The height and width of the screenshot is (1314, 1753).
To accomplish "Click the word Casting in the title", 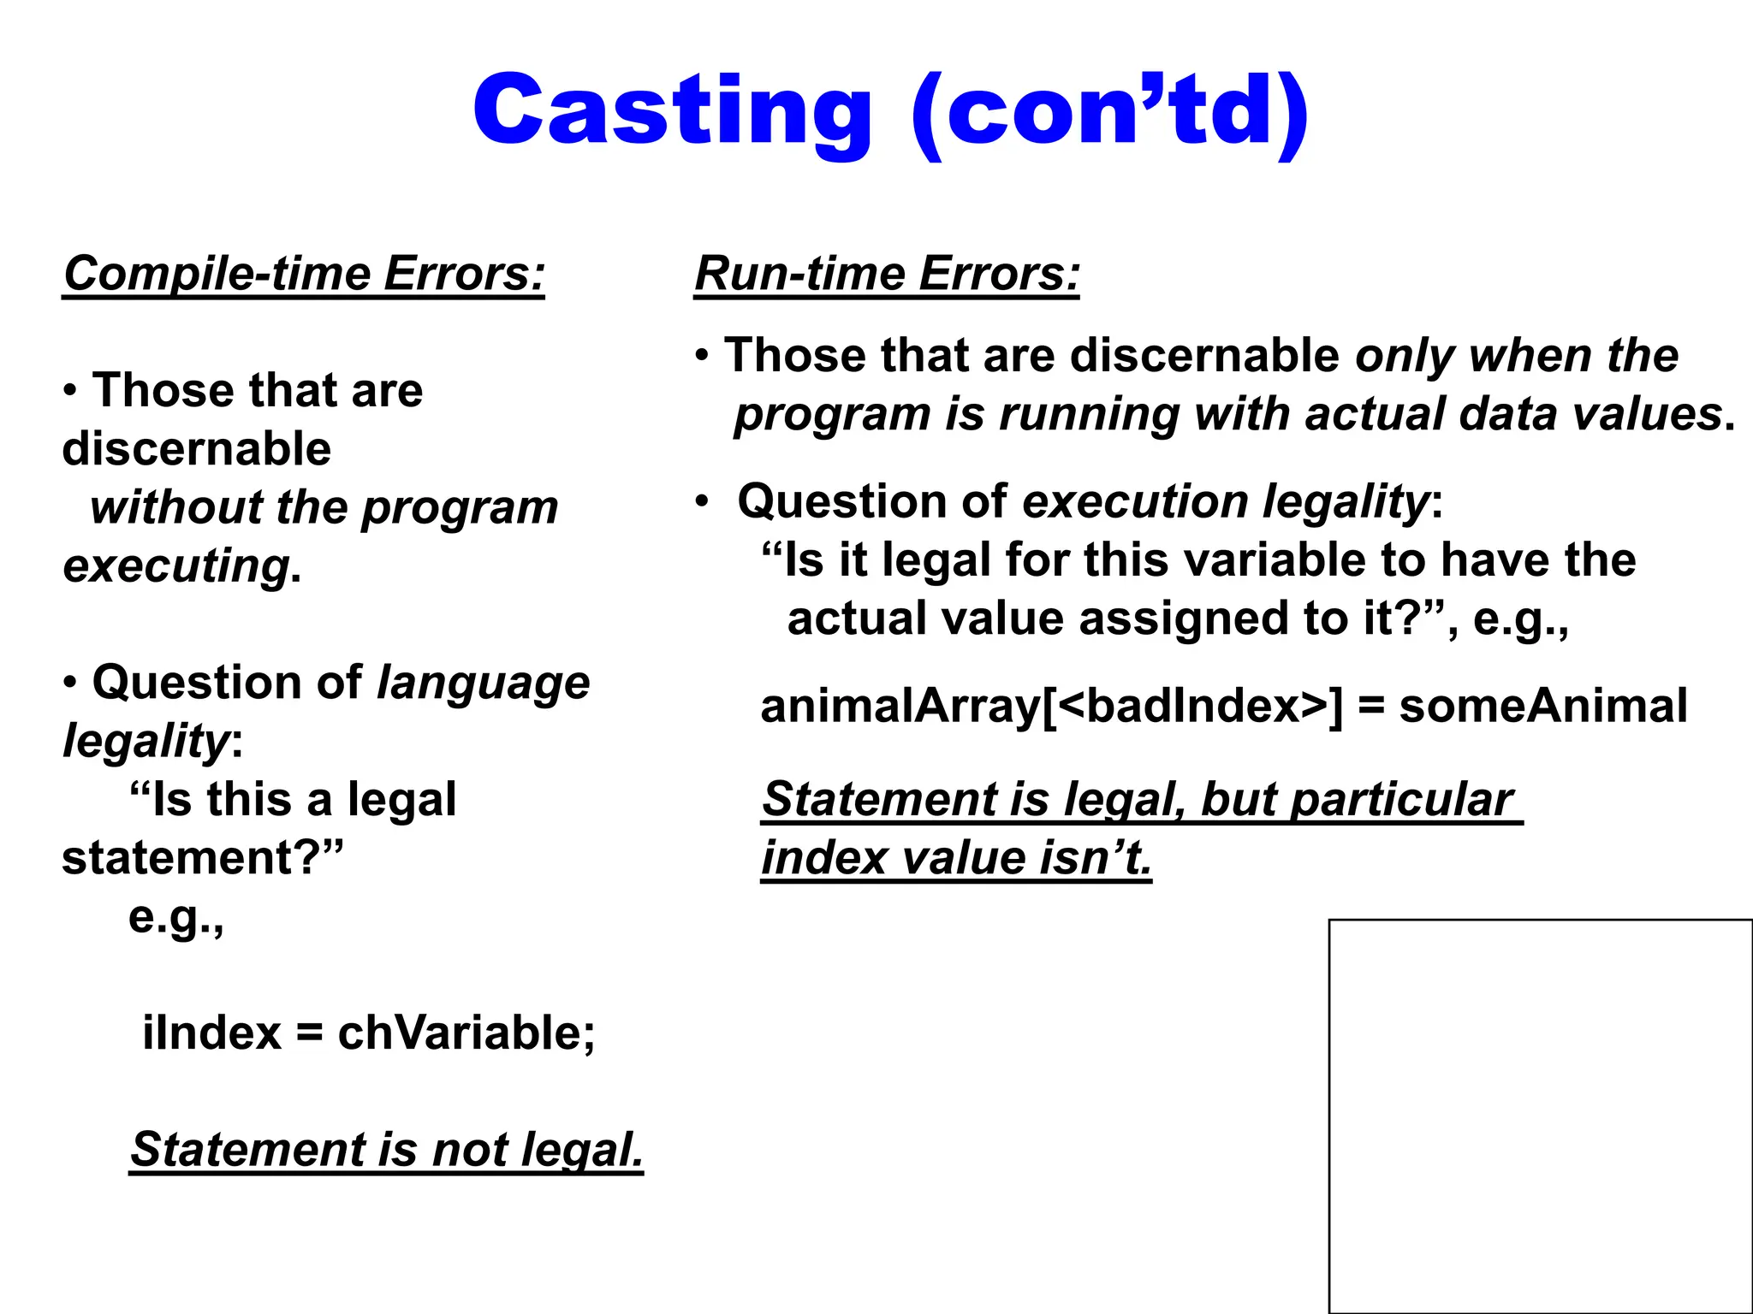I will point(672,111).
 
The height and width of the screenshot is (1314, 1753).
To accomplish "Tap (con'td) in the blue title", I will point(1109,111).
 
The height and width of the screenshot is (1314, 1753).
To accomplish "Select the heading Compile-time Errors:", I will point(304,274).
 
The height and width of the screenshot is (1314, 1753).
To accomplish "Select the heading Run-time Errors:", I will point(887,274).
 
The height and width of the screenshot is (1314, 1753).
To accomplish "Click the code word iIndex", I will point(211,1033).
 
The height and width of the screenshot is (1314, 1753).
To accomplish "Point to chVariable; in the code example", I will point(466,1033).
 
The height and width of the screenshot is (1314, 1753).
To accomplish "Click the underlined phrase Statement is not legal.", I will point(386,1149).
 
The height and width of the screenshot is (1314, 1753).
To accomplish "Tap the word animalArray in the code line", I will point(900,707).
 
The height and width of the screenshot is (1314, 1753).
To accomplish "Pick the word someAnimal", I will point(1543,707).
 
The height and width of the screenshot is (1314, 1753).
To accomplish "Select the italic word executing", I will point(176,566).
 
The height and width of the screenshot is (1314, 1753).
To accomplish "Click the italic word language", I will point(484,684).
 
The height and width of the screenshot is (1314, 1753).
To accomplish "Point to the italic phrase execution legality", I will point(1225,501).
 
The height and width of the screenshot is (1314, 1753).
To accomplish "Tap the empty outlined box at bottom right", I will point(1540,1116).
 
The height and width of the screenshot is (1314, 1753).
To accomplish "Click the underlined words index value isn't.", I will point(956,858).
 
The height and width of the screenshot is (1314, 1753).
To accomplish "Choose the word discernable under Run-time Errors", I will point(1204,355).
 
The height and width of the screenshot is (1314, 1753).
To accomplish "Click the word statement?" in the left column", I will point(202,858).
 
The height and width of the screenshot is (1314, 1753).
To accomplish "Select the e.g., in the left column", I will point(176,917).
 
